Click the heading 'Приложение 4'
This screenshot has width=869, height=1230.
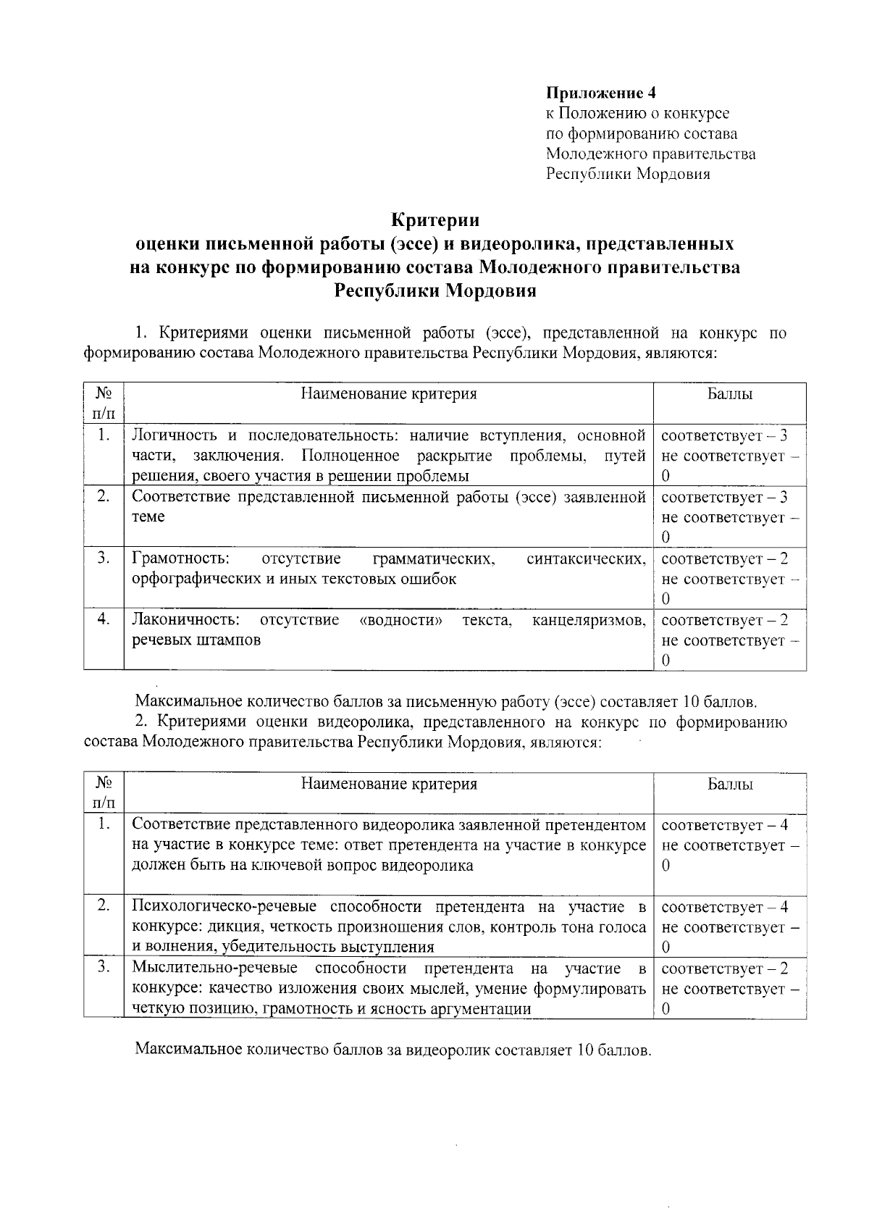600,93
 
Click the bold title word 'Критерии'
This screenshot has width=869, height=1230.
435,219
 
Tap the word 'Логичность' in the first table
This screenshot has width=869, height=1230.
174,436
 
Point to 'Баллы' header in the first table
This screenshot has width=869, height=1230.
729,394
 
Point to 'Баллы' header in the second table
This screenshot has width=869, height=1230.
729,785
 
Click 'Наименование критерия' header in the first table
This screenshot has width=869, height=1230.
389,394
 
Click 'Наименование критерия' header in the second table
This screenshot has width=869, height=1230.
389,785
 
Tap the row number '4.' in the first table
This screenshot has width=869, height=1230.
104,619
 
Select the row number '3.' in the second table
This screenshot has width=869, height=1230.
104,968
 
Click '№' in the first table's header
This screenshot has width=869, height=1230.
104,394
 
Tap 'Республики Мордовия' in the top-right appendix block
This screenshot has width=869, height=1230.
627,174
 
